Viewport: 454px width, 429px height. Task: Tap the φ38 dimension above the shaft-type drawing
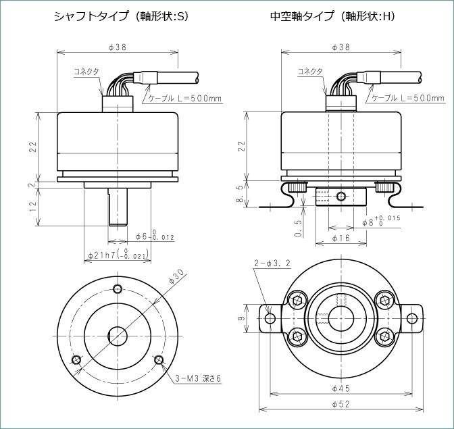coord(119,47)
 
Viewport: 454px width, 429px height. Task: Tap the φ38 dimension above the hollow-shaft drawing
coord(341,47)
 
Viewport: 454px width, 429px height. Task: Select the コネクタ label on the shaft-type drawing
coord(86,71)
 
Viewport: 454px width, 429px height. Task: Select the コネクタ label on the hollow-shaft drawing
coord(310,71)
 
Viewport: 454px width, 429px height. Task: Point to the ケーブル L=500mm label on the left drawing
coord(184,99)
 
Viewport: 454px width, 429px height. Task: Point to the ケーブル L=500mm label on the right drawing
coord(408,99)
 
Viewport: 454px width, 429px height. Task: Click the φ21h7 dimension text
coord(118,255)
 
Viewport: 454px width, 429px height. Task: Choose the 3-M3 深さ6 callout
coord(199,378)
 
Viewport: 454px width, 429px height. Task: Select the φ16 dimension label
coord(341,238)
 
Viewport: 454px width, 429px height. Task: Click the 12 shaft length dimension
coord(32,207)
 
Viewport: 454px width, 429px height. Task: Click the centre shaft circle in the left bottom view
coord(119,335)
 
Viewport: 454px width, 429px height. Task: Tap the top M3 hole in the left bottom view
coord(118,288)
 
